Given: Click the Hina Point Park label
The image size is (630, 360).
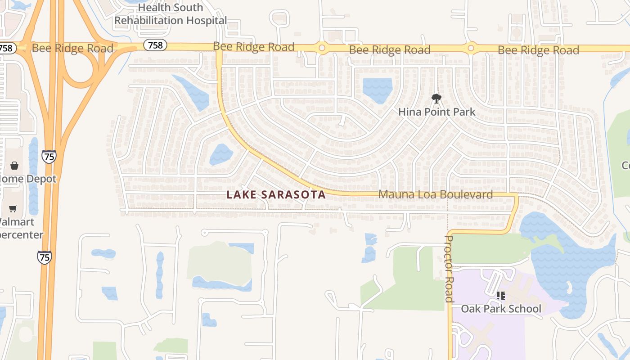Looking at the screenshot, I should [436, 112].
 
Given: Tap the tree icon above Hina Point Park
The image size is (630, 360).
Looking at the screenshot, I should [436, 98].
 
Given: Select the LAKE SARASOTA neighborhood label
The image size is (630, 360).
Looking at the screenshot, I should [276, 194].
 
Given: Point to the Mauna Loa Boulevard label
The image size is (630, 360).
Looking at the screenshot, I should [436, 194].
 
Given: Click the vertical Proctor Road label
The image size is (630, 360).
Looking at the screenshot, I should [449, 269].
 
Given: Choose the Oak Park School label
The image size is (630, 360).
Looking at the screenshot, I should [501, 309].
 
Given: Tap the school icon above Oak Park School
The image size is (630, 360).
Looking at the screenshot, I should [500, 296].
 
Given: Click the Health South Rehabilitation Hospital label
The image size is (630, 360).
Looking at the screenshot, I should [171, 14].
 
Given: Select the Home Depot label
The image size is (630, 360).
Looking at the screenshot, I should [28, 179].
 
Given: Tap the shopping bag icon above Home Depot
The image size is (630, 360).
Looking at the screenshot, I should [14, 166].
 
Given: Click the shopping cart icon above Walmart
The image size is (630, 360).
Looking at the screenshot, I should [13, 209].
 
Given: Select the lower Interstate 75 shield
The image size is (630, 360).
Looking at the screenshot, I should [44, 257].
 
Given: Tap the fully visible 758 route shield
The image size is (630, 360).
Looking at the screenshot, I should [156, 45].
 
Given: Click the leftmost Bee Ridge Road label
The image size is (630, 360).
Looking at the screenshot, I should [72, 48].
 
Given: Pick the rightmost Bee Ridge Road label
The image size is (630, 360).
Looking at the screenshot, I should [538, 50].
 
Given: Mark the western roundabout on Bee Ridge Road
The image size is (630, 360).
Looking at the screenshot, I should [322, 47].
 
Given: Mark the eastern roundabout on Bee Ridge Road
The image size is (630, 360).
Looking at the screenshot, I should [471, 48].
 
